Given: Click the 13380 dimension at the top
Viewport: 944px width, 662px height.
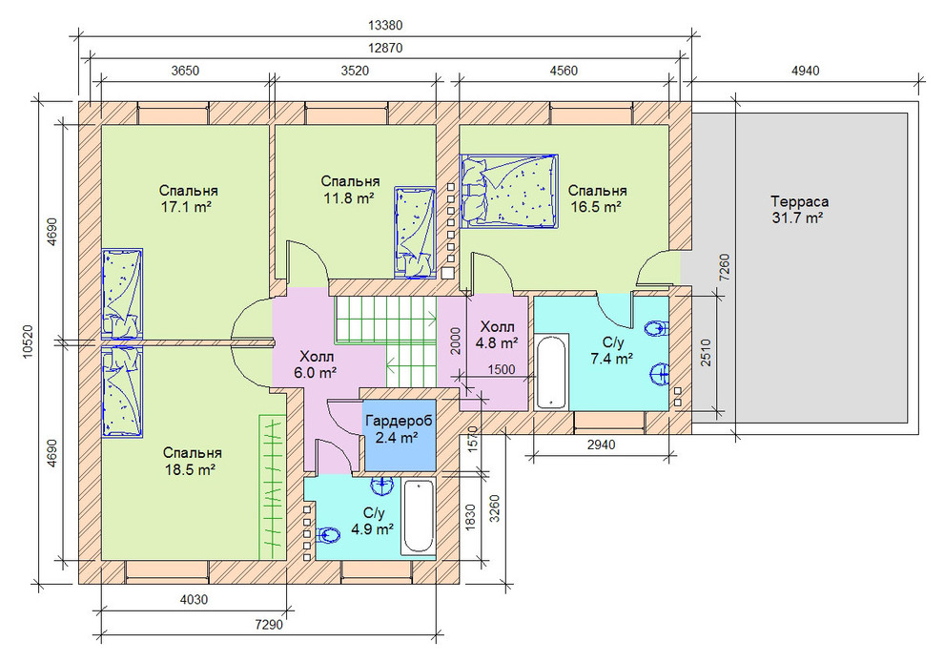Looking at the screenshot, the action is click(385, 26).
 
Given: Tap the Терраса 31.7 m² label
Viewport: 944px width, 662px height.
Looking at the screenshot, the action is click(799, 210).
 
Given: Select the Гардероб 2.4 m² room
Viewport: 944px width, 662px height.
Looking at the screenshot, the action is click(400, 434).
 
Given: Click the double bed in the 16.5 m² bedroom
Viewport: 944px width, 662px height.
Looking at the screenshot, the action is click(509, 191).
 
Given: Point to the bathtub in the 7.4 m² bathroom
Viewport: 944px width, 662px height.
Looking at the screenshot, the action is click(551, 372).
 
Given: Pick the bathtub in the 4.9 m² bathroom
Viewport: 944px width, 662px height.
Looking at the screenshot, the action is click(418, 516).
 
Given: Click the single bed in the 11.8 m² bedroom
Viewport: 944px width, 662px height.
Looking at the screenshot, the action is click(414, 233).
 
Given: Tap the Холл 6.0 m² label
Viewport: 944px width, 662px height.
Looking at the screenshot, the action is click(316, 364).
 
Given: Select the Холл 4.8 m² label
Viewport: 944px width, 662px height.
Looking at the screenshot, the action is click(497, 335).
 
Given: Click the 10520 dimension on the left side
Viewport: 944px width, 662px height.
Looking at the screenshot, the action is click(27, 342).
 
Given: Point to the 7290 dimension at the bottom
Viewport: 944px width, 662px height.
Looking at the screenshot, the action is click(269, 625).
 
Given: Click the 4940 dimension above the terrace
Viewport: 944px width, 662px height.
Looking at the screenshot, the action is click(805, 71).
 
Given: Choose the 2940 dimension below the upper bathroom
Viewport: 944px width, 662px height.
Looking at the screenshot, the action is click(602, 445).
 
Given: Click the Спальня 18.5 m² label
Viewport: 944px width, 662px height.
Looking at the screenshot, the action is click(192, 461).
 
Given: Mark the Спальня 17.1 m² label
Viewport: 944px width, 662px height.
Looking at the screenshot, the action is click(188, 198).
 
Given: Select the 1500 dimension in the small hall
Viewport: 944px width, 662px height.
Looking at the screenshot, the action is click(502, 369).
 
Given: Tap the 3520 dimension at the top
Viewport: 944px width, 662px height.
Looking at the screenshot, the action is click(356, 71).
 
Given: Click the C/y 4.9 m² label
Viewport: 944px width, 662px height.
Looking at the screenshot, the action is click(373, 521).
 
